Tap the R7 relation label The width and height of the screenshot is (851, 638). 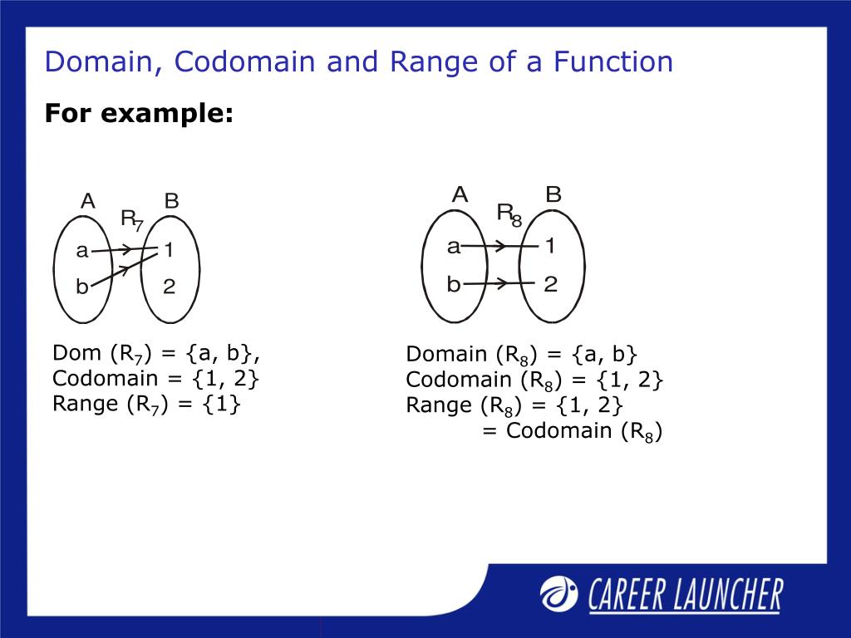coord(131,219)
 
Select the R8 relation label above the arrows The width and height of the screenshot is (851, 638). coord(509,214)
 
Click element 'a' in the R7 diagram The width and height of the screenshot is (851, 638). coord(81,250)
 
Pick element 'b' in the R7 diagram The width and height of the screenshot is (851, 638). coord(81,287)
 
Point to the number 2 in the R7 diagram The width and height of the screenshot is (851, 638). coord(169,287)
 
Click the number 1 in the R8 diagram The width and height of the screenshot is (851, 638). coord(550,246)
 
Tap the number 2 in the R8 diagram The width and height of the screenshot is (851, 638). coord(550,285)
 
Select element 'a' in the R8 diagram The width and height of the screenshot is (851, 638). coord(453,246)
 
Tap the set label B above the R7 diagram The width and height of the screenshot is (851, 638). coord(171,201)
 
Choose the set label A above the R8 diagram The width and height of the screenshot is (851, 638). coord(460,195)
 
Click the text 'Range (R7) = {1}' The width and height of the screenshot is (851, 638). coord(146,405)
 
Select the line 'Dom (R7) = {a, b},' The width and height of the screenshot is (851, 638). coord(156,354)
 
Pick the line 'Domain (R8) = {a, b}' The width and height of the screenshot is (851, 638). coord(522,355)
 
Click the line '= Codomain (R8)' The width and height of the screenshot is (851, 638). coord(572,431)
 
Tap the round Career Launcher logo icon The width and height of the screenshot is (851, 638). coord(559,592)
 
